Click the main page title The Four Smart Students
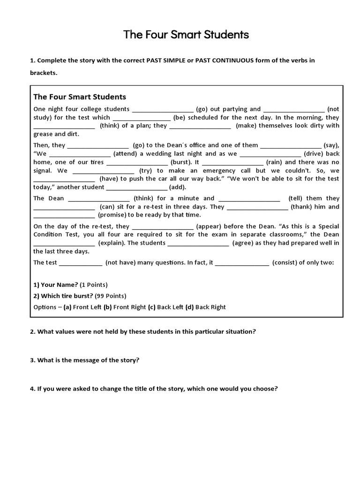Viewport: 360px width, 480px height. [x=186, y=35]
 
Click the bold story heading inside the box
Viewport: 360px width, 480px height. [x=80, y=97]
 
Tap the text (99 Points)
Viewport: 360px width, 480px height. [x=110, y=296]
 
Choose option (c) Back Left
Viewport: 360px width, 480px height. [x=168, y=307]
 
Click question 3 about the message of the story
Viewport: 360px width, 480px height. [x=85, y=360]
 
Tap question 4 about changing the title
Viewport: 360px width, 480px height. [x=154, y=389]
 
